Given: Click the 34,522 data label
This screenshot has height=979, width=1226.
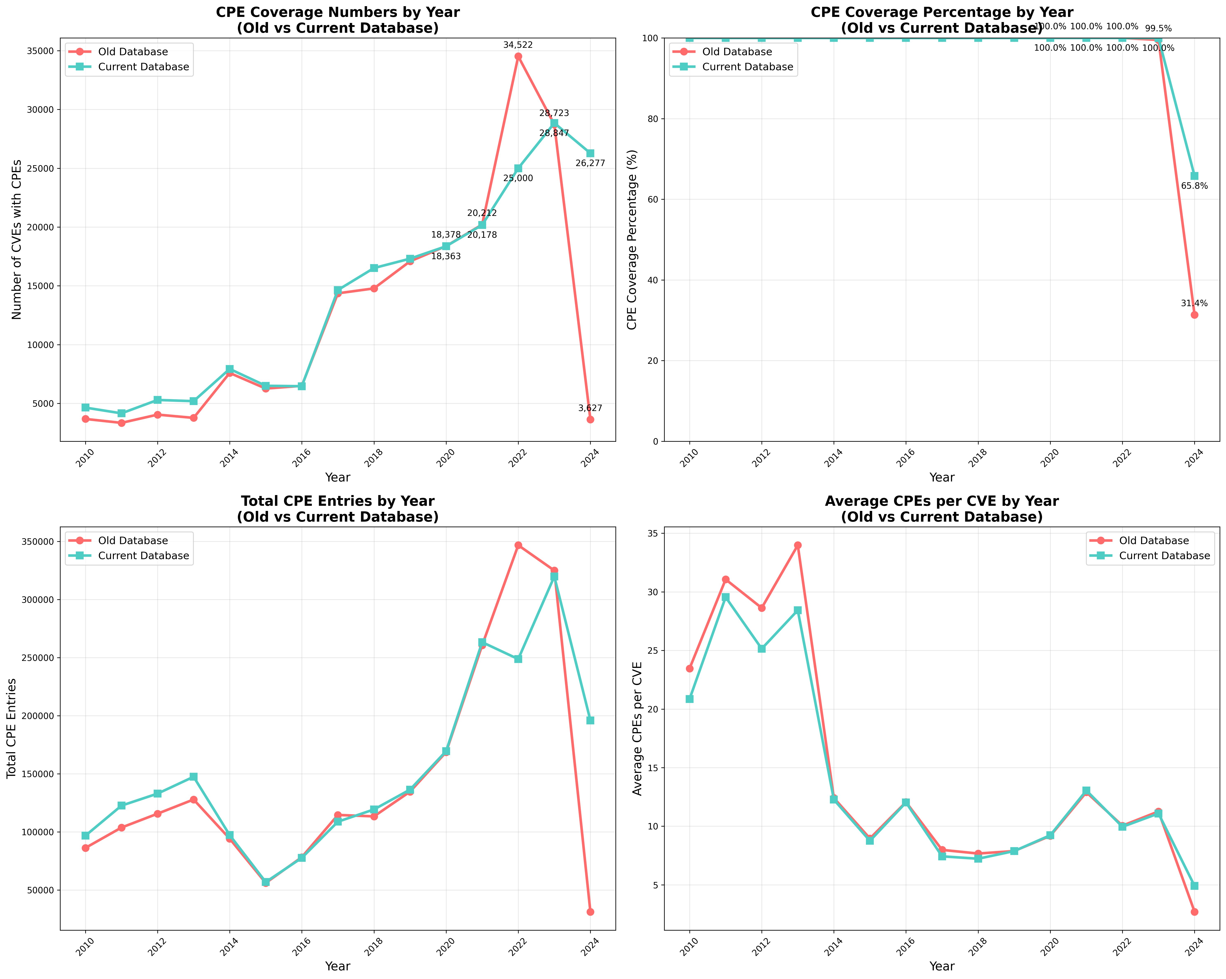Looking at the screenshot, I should coord(517,45).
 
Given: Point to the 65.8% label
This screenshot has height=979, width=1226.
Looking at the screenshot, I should coord(1194,186).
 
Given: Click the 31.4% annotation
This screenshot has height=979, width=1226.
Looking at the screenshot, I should coord(1194,304).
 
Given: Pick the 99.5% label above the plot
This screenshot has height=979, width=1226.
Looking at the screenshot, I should coord(1158,28).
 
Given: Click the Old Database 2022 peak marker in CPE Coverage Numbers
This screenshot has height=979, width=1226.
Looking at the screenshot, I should coord(518,56).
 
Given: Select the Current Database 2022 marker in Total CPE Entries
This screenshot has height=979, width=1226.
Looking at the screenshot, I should coord(518,659).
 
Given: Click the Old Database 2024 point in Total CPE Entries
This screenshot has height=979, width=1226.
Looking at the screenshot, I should coord(590,912).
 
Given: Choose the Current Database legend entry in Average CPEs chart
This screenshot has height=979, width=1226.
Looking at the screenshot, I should coord(1164,556).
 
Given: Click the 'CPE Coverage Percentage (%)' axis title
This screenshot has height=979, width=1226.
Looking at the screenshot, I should coord(632,239).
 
